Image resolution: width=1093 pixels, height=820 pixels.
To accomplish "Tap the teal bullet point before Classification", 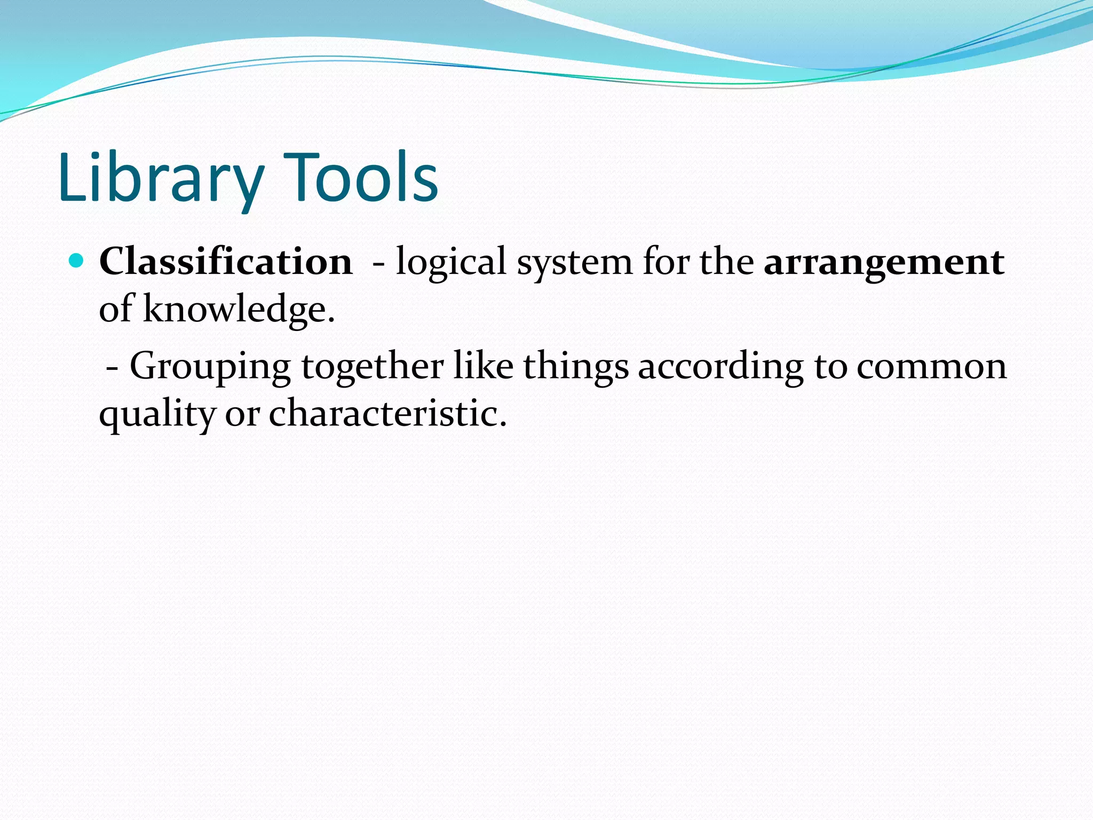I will pos(77,261).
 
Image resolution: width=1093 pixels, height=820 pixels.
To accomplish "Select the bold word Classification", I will pos(226,262).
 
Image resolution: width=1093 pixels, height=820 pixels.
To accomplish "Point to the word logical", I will pos(450,263).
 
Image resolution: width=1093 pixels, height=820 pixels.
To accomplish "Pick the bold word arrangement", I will pos(884,263).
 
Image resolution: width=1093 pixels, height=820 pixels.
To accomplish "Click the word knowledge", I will pos(239,310).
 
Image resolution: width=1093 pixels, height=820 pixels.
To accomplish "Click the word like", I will pos(483,366).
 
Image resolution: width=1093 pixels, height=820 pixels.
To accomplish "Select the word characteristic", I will pos(387,413).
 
